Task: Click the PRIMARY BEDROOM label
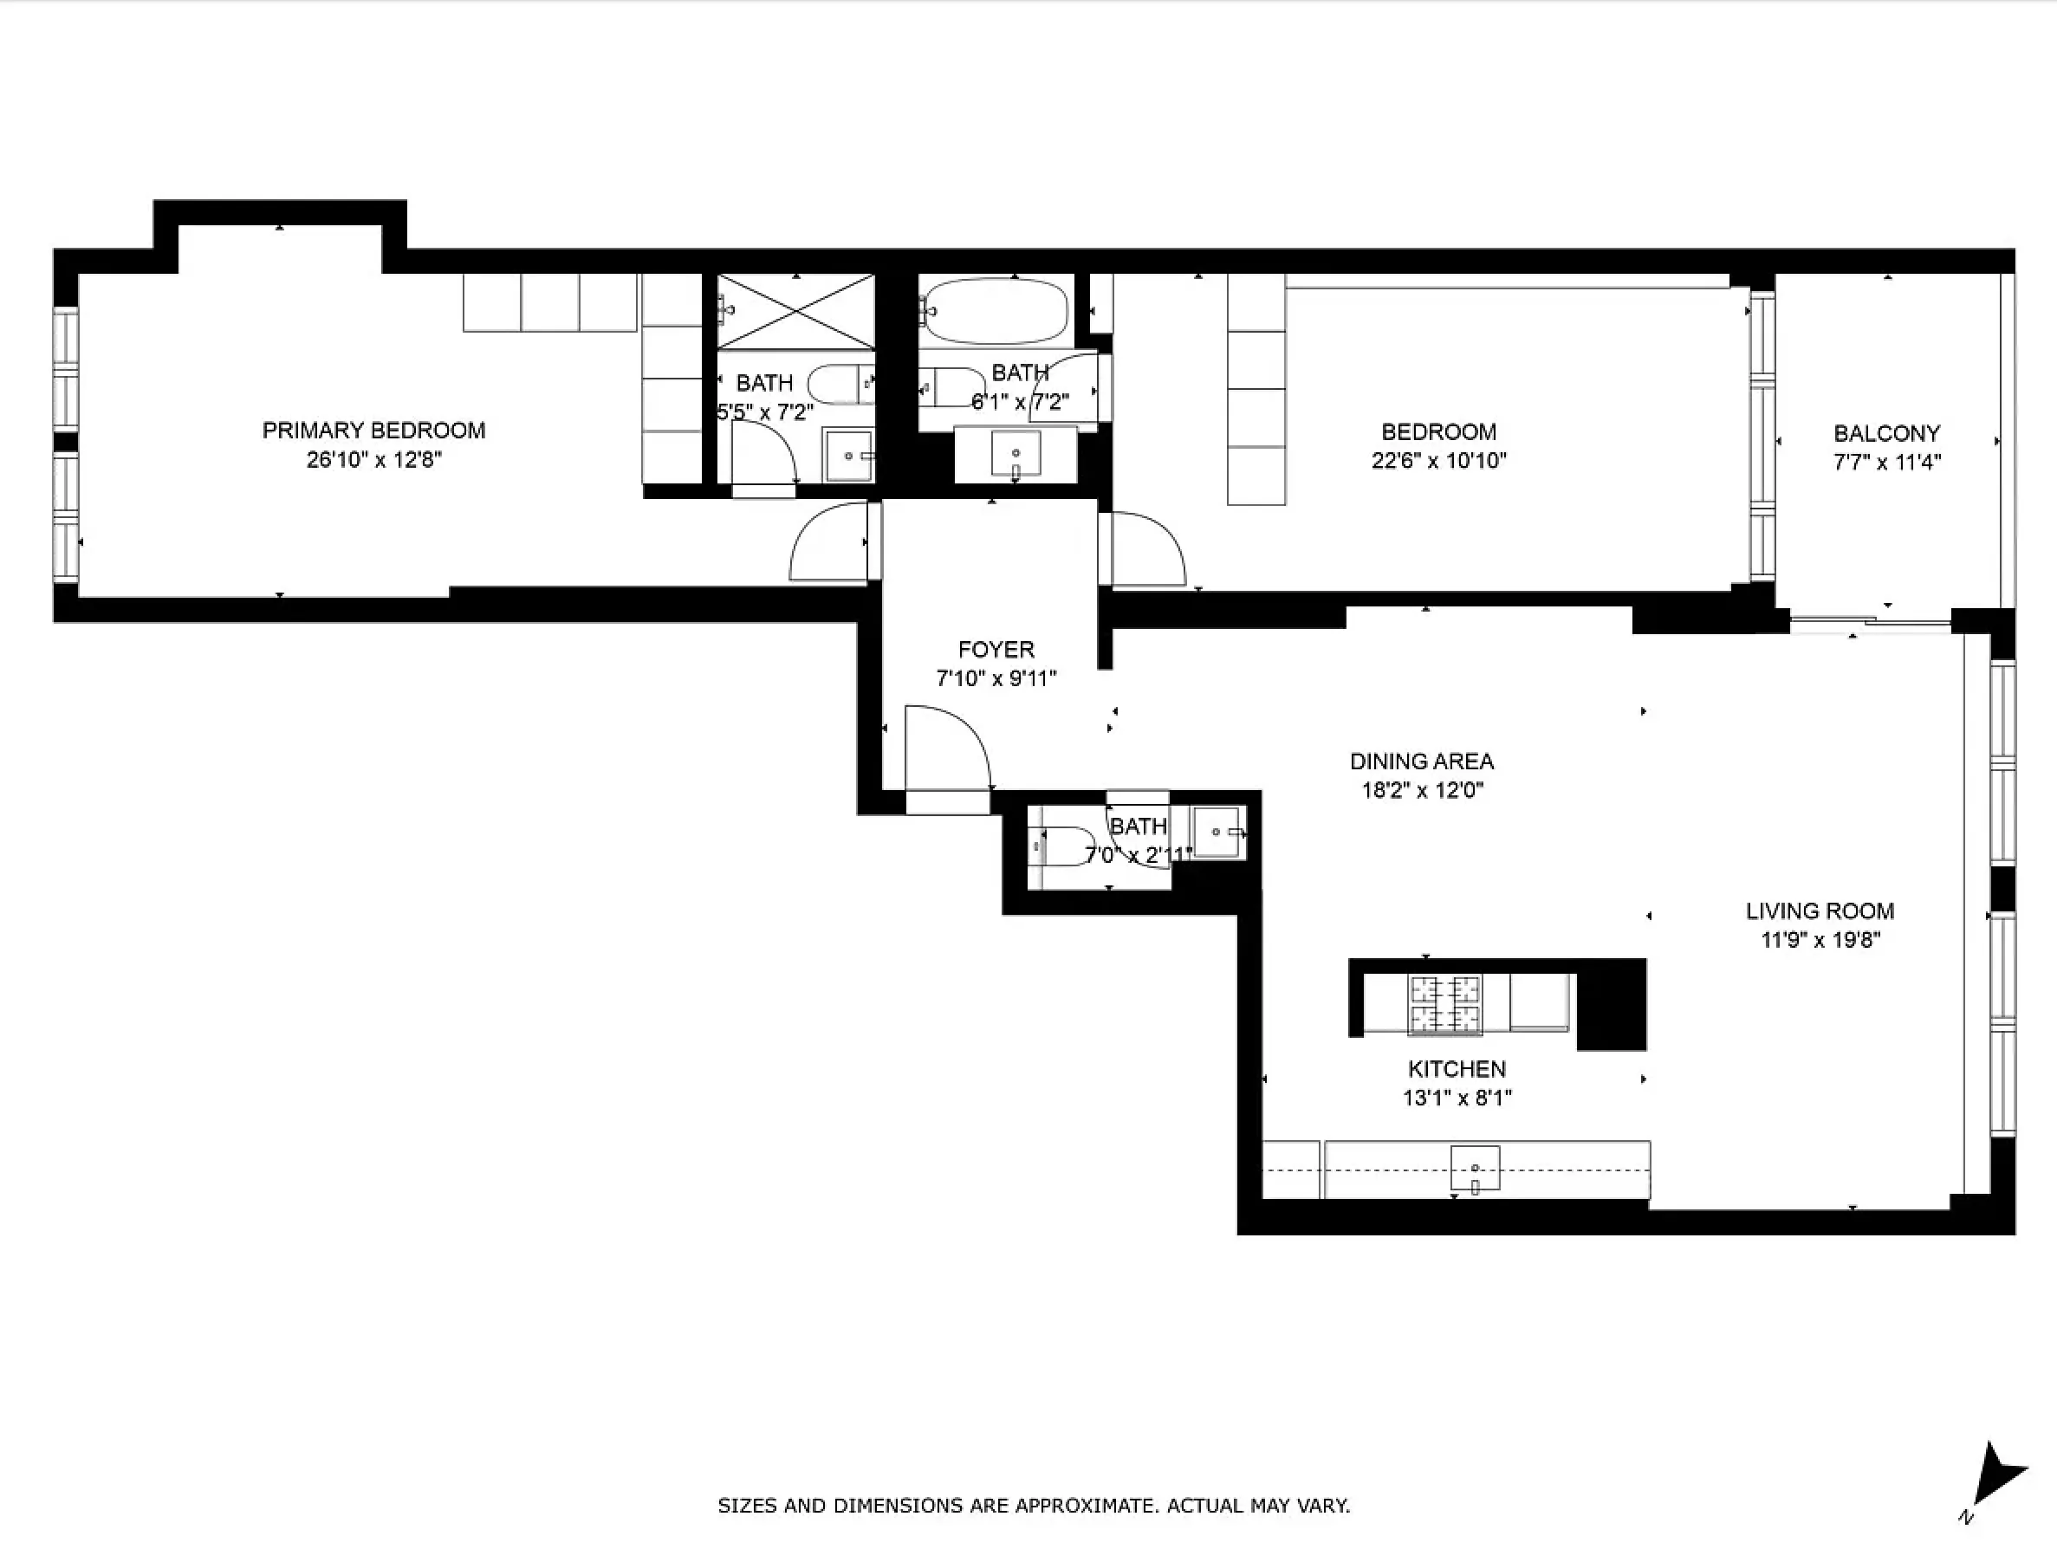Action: click(x=373, y=431)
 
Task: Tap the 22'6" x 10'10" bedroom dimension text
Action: click(x=1437, y=460)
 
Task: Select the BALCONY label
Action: click(x=1886, y=433)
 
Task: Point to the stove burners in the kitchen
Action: click(x=1444, y=1003)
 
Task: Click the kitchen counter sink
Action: click(x=1475, y=1168)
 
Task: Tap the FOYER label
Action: click(x=996, y=649)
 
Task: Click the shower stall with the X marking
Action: click(x=796, y=312)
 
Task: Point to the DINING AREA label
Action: click(x=1421, y=762)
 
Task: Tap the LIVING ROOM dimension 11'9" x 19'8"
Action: click(x=1820, y=940)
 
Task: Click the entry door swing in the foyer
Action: click(x=944, y=749)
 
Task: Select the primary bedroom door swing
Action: click(x=829, y=543)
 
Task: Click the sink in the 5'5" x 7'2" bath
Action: click(x=848, y=456)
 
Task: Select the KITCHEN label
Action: click(x=1457, y=1069)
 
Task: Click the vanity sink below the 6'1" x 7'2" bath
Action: click(x=1016, y=453)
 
